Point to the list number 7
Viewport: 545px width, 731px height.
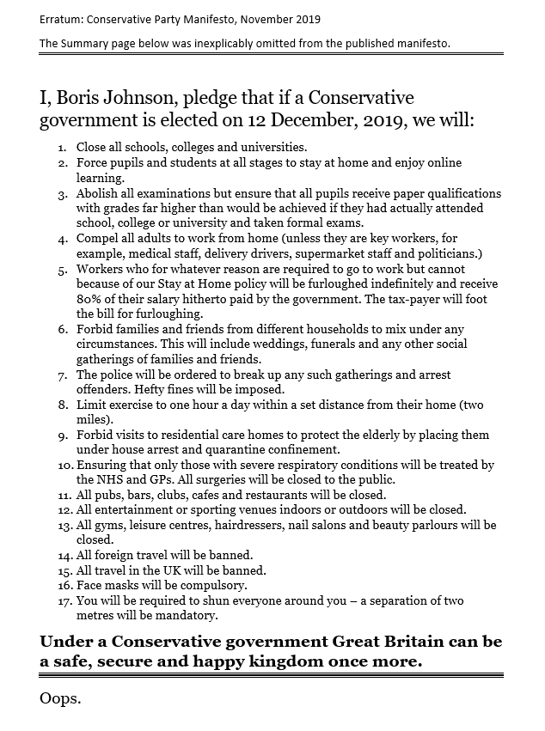pos(63,375)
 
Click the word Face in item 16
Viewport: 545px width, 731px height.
pos(90,585)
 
